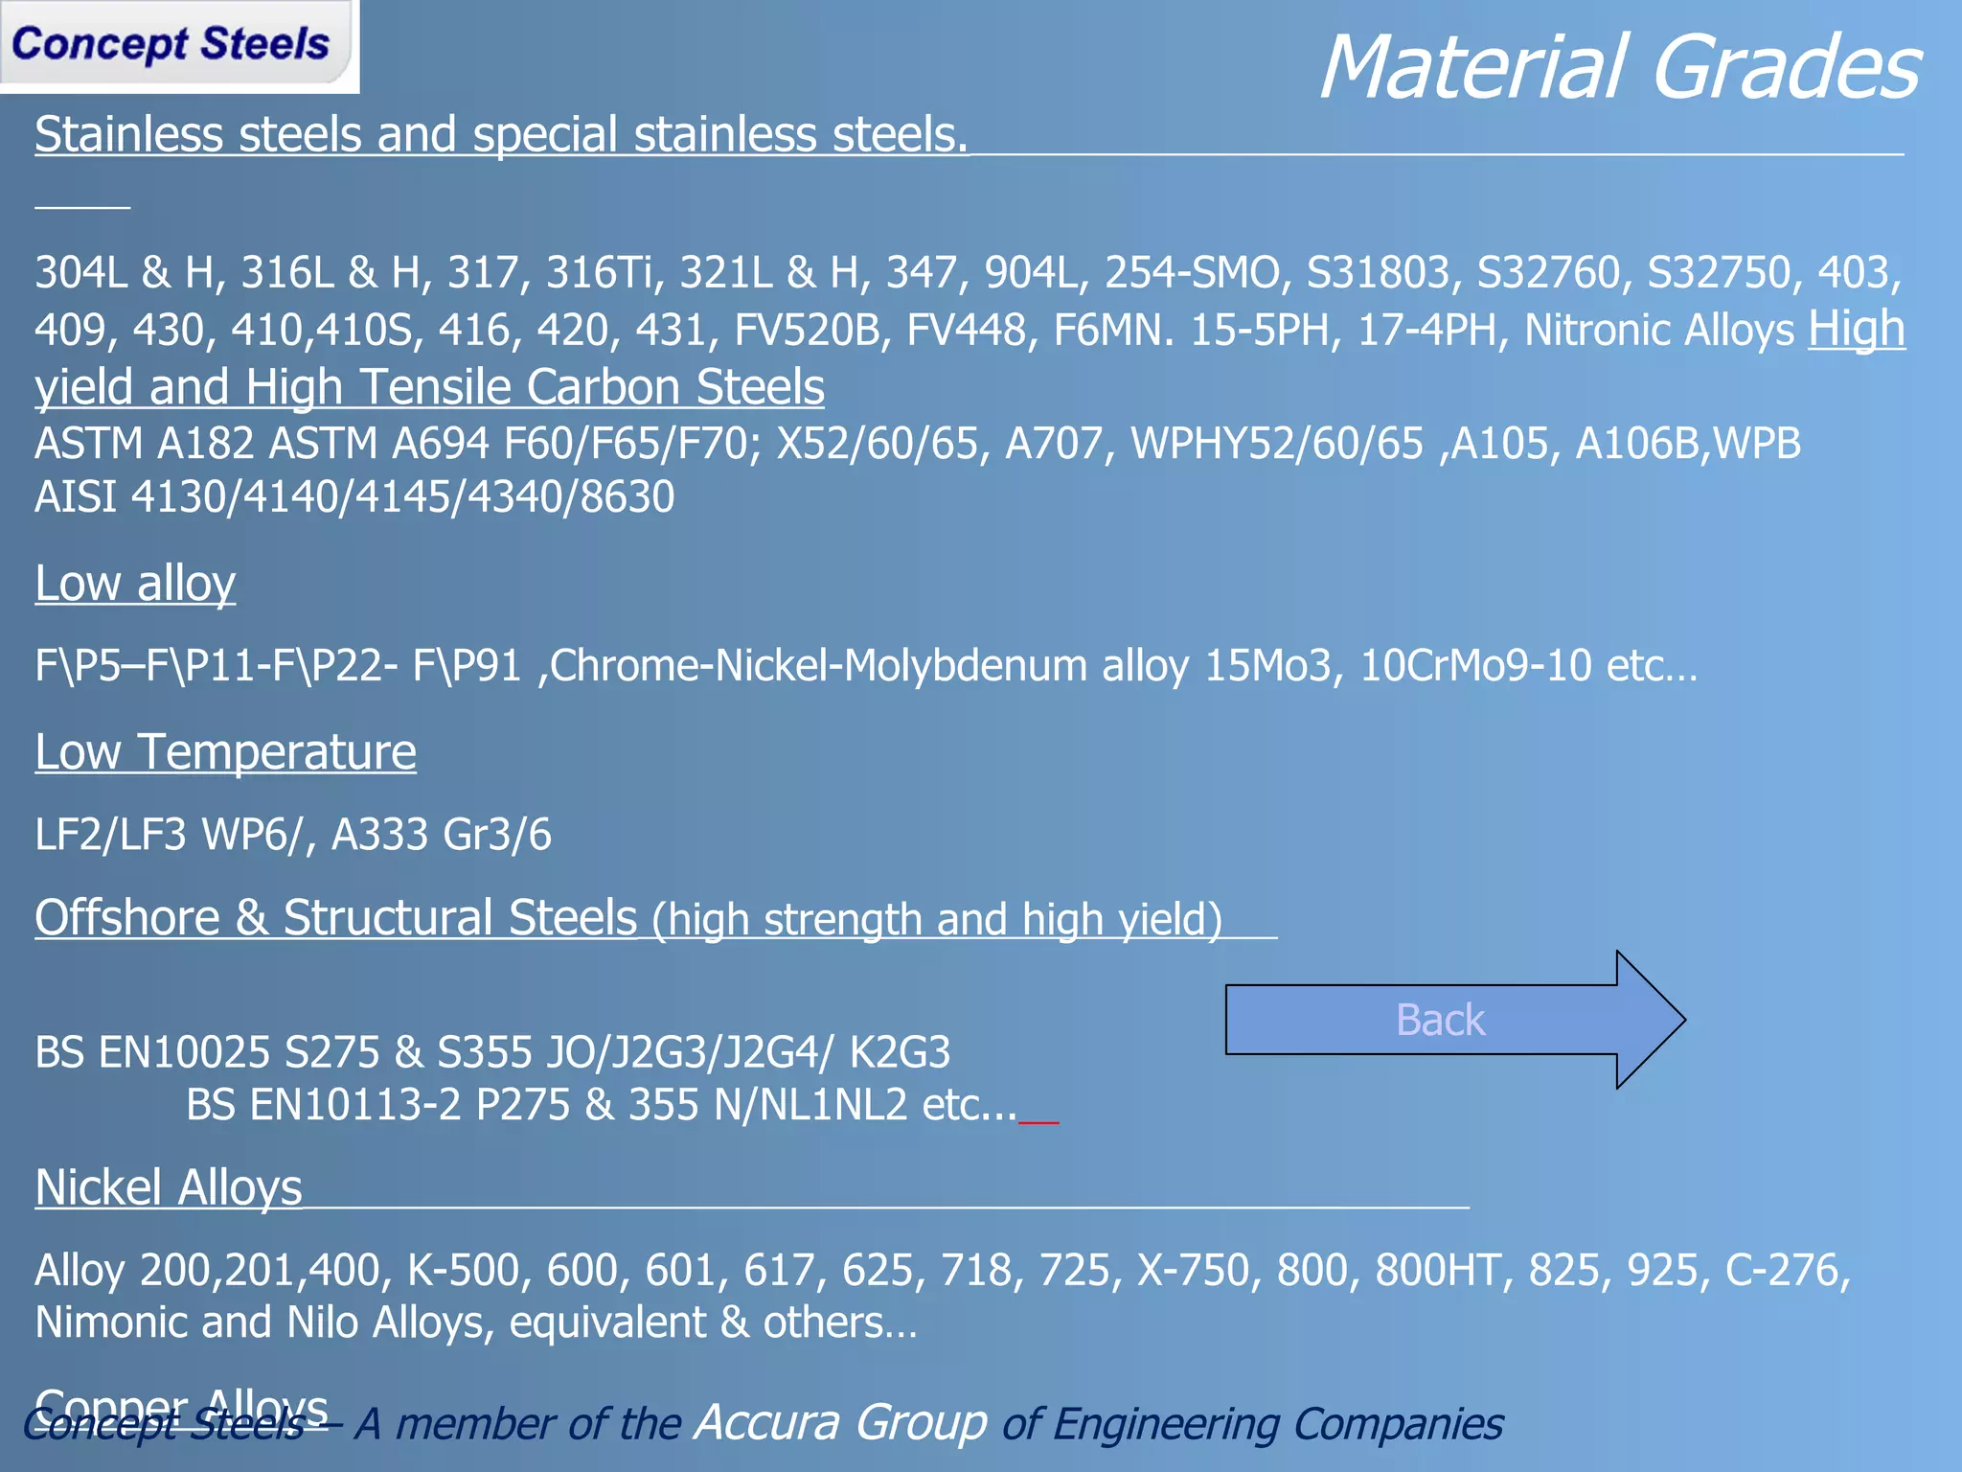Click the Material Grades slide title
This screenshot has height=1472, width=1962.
click(x=1619, y=67)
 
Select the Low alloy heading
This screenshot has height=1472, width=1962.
click(x=135, y=584)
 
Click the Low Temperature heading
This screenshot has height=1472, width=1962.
click(x=225, y=752)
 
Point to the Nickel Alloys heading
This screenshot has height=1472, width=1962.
click(x=169, y=1188)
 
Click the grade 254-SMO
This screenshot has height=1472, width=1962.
click(x=1192, y=273)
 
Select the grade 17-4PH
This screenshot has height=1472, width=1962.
click(x=1427, y=331)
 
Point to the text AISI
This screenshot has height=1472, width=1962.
click(x=76, y=497)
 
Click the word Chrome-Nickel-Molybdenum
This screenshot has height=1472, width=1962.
click(x=818, y=666)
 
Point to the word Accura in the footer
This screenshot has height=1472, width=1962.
click(x=840, y=1422)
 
